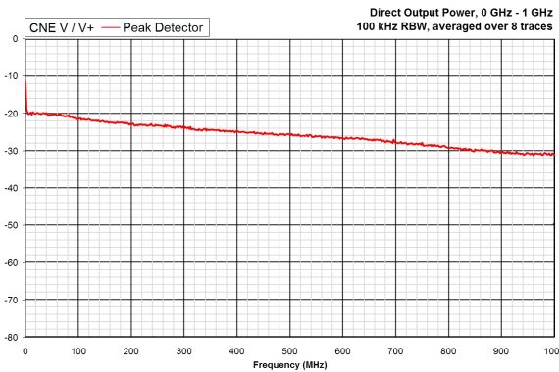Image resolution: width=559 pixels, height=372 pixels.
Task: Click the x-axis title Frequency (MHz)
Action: coord(288,364)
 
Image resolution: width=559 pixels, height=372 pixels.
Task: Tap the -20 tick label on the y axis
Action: coord(14,114)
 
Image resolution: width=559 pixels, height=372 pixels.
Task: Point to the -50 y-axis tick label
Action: coord(14,225)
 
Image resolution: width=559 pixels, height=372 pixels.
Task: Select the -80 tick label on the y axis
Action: coord(14,337)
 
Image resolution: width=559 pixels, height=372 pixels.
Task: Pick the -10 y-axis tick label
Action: coord(14,76)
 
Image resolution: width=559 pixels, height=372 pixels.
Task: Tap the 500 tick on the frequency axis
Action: coord(289,349)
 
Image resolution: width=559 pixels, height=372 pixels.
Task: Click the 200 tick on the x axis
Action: coord(130,349)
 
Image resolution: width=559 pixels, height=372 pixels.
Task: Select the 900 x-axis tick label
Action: coord(501,349)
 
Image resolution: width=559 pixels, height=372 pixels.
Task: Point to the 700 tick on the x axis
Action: coord(395,349)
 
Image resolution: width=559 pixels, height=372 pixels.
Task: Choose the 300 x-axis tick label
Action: coord(183,349)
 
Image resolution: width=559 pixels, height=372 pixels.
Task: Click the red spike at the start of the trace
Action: coord(25,93)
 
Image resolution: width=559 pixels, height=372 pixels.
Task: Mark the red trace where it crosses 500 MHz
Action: coord(289,134)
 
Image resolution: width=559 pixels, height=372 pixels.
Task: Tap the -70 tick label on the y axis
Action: coord(14,300)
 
